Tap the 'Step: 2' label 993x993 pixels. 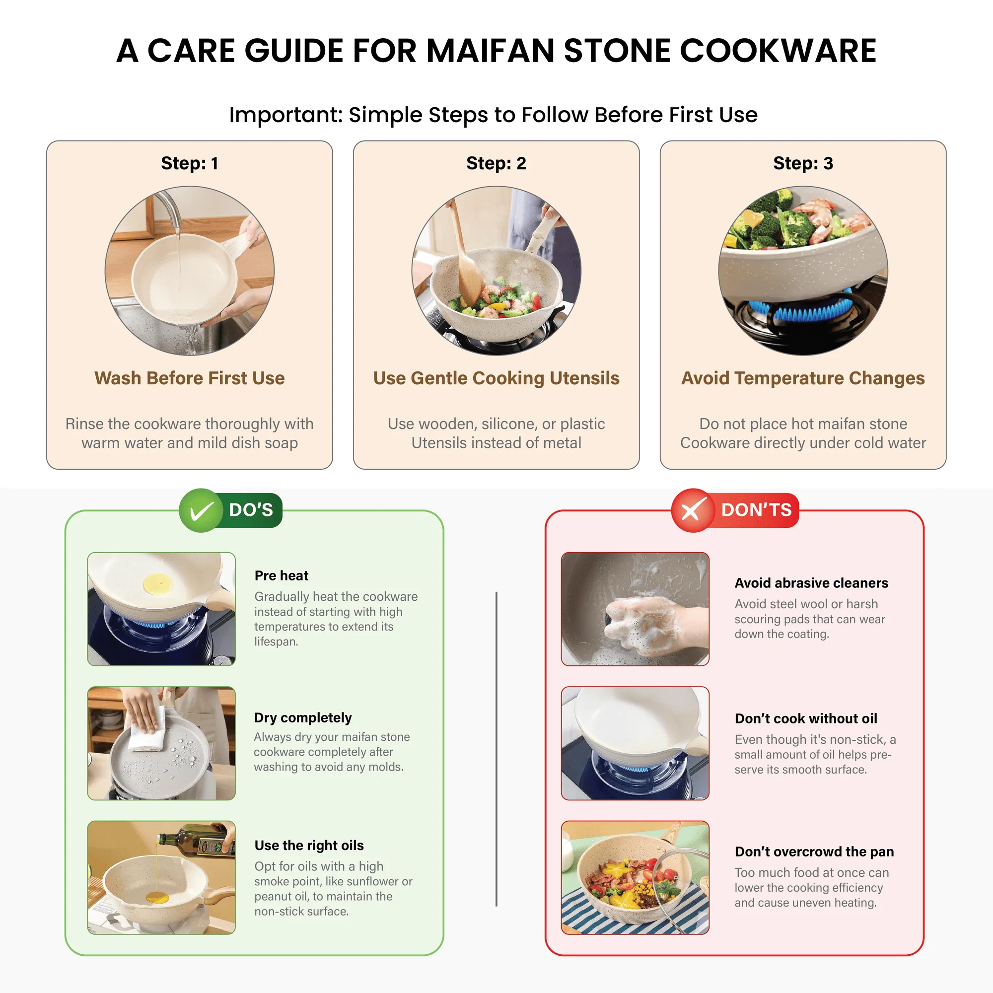click(x=496, y=163)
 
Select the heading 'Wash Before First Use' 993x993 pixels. click(x=189, y=378)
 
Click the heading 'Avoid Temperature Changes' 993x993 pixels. click(x=803, y=378)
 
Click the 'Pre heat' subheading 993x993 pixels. click(x=281, y=575)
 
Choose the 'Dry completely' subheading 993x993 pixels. click(x=303, y=717)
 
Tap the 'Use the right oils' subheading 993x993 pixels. click(x=309, y=846)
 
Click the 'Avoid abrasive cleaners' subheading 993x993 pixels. click(x=811, y=583)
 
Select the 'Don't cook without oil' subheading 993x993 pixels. click(x=805, y=718)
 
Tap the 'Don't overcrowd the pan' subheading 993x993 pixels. click(x=814, y=851)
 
